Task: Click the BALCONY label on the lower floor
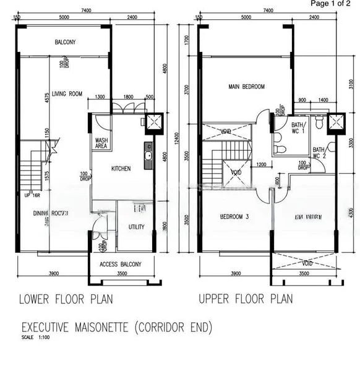point(64,42)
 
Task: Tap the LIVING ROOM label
point(67,94)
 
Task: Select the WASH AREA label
point(101,143)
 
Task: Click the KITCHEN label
point(121,168)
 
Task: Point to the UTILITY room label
point(137,227)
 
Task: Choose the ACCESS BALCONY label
point(121,264)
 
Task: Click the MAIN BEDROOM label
point(246,87)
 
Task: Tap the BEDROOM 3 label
point(234,217)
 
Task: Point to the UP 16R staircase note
point(32,195)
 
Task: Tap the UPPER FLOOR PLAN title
point(246,299)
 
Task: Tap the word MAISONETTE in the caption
point(115,326)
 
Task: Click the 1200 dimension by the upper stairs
point(262,164)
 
